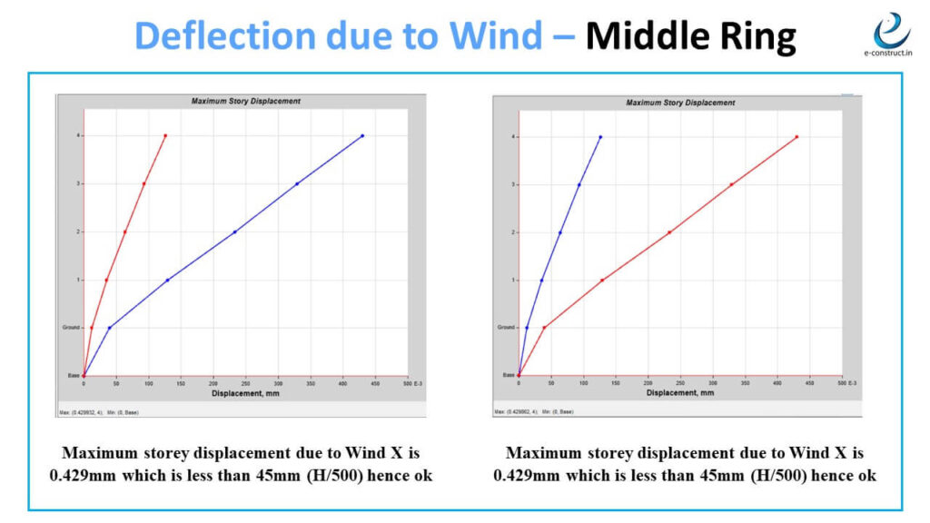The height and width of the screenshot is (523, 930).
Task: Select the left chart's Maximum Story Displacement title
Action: (245, 101)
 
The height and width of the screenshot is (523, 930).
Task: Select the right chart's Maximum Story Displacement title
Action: (680, 103)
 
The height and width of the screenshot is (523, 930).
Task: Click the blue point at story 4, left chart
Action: (362, 135)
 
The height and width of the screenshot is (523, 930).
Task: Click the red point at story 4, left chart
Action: (165, 135)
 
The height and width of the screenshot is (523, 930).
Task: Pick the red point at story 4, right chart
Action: (796, 137)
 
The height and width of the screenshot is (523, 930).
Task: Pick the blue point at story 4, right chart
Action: (600, 137)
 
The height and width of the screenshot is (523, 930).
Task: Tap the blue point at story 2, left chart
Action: (234, 232)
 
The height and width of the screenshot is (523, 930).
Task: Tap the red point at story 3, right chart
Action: (731, 184)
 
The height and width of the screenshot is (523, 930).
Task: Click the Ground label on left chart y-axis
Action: (71, 327)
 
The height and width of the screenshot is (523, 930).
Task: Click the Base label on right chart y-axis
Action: (509, 374)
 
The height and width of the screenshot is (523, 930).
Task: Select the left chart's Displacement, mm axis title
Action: (245, 394)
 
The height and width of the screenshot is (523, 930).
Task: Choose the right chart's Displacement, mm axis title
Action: (680, 394)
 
